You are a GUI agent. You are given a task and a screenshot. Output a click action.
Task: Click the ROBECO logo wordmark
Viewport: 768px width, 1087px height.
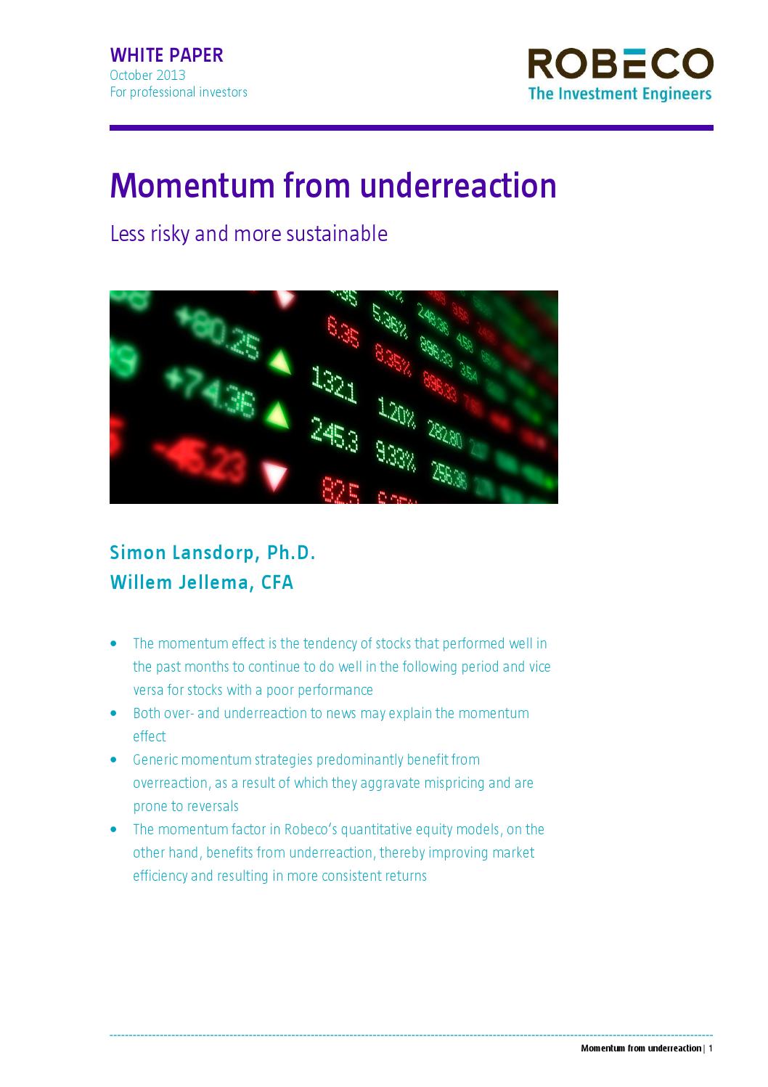(x=620, y=64)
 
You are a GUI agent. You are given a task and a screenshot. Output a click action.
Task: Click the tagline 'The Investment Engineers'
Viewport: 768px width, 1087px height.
(x=620, y=94)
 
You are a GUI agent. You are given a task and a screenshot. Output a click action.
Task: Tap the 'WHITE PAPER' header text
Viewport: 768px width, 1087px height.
(x=166, y=55)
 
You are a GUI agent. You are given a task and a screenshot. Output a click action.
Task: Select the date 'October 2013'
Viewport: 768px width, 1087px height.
(x=147, y=76)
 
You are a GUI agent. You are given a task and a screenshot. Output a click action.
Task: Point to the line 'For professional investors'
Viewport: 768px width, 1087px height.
(x=179, y=92)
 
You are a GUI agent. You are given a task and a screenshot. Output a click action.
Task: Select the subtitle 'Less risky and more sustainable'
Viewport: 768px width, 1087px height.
(x=248, y=234)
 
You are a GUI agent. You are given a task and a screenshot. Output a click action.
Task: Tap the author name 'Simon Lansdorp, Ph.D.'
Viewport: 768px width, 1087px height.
(x=213, y=553)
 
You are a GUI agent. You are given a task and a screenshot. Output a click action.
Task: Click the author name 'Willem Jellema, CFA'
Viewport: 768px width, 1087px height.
(x=202, y=582)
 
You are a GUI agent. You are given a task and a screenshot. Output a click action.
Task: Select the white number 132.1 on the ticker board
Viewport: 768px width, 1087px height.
(x=333, y=384)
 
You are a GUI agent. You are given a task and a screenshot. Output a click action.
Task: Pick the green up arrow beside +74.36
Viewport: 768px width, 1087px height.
(x=276, y=414)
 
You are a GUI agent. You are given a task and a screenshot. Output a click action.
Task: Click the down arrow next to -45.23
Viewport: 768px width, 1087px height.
(x=275, y=476)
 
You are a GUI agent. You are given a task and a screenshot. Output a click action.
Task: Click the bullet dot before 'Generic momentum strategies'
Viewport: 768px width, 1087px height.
(x=113, y=760)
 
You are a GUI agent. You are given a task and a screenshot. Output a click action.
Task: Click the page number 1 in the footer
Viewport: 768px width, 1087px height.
(x=711, y=1048)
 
